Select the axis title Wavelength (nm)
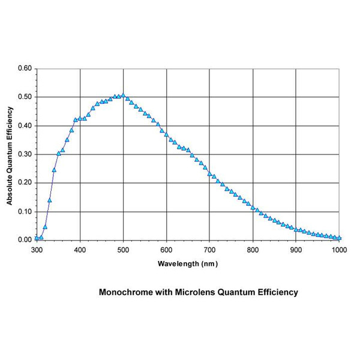188,263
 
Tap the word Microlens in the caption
194,293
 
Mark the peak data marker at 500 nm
123,95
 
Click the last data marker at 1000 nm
340,238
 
